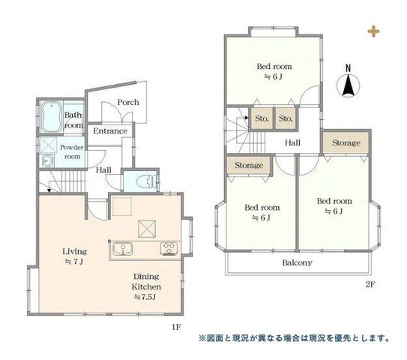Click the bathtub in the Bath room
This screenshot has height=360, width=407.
52,116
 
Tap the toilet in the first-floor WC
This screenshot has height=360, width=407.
148,181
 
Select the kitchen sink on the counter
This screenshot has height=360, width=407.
123,248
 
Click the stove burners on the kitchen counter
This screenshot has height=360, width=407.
169,248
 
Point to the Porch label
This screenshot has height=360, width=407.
128,102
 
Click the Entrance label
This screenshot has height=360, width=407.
110,131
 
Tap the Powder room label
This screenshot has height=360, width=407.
72,152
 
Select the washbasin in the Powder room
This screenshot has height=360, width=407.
47,160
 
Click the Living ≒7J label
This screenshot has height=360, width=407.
74,256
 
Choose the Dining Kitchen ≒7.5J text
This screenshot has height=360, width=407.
146,286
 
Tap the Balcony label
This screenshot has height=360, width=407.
297,262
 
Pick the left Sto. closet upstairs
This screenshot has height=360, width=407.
261,118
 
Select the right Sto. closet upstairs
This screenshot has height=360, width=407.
286,118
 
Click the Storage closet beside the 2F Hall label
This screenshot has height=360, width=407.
346,142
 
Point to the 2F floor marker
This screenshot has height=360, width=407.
370,284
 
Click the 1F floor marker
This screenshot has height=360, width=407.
176,327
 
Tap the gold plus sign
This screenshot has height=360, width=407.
373,31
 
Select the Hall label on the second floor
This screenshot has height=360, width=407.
292,142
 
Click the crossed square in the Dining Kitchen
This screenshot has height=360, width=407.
147,229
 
